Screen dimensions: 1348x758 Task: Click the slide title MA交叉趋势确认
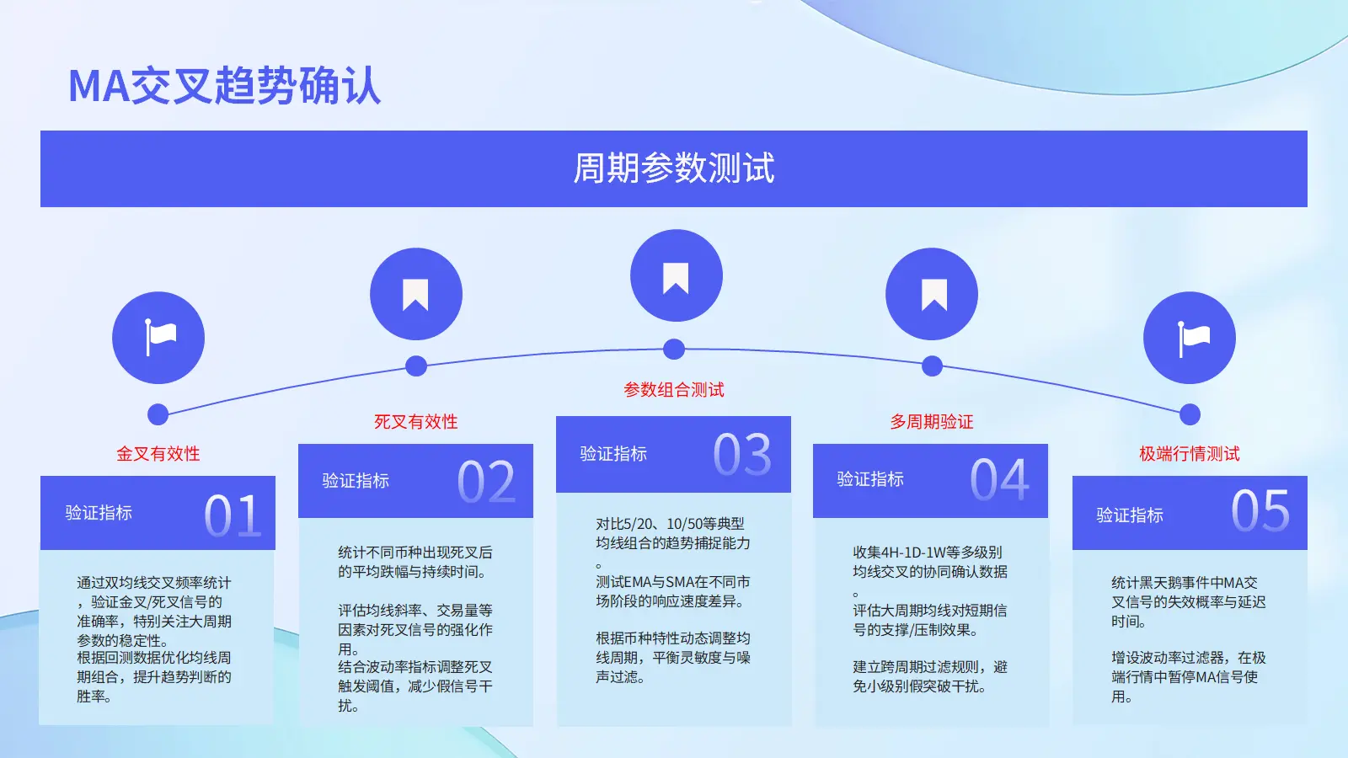pos(224,85)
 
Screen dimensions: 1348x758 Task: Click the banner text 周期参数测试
pos(674,168)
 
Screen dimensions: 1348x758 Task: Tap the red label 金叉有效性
pos(158,454)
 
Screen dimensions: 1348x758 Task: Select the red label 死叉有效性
pos(416,422)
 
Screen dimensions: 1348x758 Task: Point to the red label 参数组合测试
pos(674,390)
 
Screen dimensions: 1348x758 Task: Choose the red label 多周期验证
pos(932,422)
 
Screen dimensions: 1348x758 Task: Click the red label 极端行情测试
pos(1190,454)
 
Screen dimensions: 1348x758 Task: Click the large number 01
pos(233,515)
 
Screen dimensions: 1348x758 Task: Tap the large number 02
pos(486,482)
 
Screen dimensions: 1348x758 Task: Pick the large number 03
pos(742,454)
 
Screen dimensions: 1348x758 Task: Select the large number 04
pos(999,479)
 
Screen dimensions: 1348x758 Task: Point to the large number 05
pos(1260,510)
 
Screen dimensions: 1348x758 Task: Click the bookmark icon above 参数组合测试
pos(676,278)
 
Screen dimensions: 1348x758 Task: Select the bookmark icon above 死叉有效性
pos(415,295)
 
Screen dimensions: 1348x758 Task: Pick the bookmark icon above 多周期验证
pos(934,295)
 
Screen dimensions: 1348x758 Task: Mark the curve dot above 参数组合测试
pos(674,349)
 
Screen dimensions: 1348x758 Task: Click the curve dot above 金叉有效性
pos(158,414)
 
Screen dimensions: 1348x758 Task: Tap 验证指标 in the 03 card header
pos(614,454)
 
